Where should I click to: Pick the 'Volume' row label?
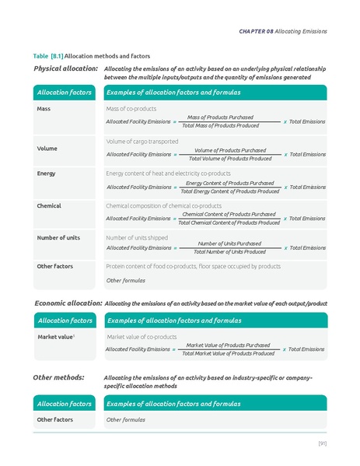point(47,148)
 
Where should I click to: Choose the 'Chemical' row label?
point(49,205)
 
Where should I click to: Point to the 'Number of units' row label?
point(58,237)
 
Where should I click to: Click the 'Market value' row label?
point(55,337)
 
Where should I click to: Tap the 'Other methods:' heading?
point(59,377)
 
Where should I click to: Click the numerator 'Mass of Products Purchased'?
point(220,117)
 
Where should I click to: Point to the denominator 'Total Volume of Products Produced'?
point(232,159)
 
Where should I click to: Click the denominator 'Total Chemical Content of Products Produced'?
point(230,223)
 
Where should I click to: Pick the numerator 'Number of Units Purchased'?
point(229,244)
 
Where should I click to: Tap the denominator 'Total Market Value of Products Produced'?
point(228,354)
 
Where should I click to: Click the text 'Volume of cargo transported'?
point(142,142)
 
